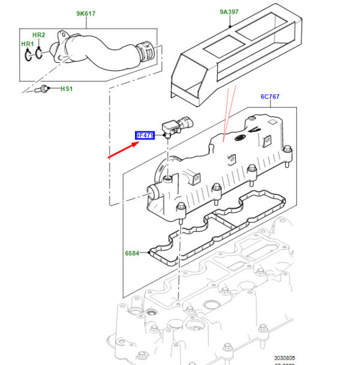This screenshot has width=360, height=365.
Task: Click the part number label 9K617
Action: [86, 13]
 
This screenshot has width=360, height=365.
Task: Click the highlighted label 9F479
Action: [145, 136]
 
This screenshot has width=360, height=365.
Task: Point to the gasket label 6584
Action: [131, 254]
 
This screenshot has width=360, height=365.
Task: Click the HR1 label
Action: [28, 44]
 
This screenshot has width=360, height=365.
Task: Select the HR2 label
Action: [38, 35]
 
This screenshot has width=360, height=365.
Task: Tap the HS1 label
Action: [66, 89]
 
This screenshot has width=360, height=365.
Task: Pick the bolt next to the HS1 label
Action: [43, 90]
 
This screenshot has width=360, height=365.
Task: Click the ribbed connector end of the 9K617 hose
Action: [146, 52]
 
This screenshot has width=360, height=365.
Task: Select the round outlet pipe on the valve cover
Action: [153, 193]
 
